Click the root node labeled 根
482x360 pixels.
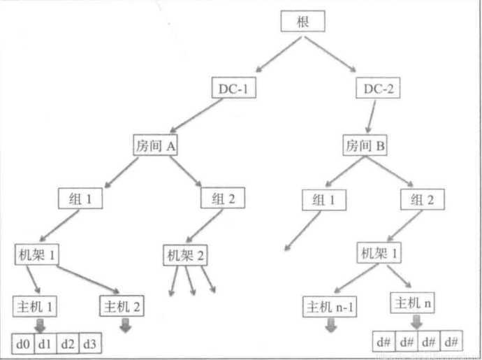tap(304, 22)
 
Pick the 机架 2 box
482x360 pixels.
tap(186, 255)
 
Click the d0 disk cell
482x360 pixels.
tap(23, 344)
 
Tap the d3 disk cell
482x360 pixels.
tap(90, 344)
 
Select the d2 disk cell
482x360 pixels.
tap(68, 344)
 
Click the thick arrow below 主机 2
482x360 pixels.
tap(126, 324)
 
